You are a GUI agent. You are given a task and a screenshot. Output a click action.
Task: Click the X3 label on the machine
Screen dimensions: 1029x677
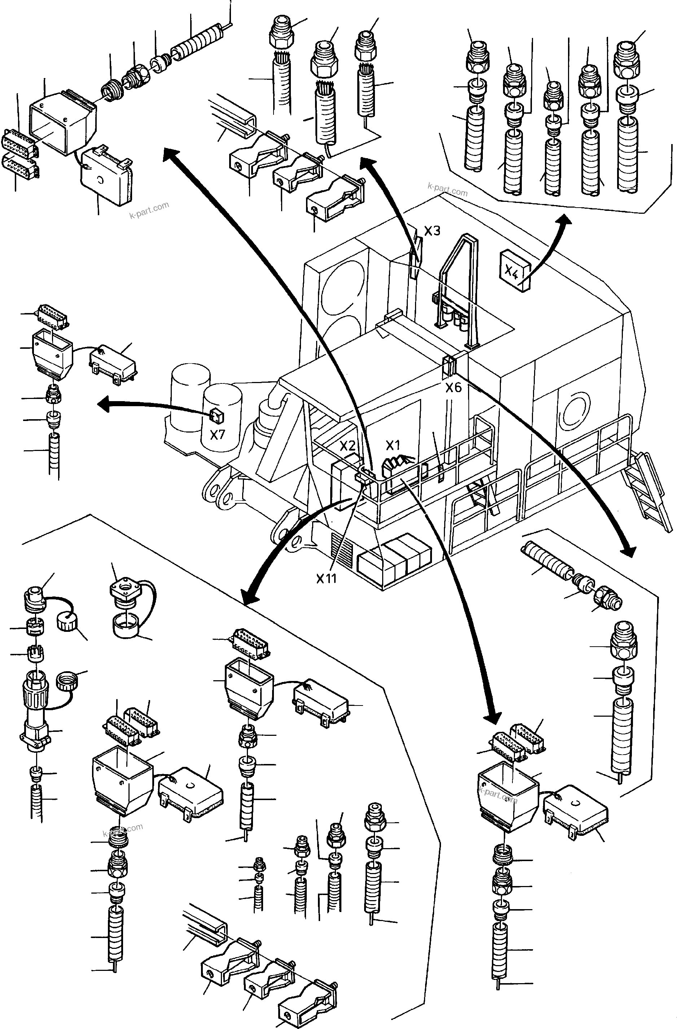(432, 231)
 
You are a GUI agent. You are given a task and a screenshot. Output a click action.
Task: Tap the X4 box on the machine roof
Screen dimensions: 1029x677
(515, 271)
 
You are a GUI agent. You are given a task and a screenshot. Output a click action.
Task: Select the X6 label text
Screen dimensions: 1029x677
(454, 387)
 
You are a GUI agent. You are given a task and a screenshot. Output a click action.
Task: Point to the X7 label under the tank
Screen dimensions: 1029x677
(218, 434)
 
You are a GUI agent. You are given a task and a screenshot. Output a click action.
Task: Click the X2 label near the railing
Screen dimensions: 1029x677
(348, 446)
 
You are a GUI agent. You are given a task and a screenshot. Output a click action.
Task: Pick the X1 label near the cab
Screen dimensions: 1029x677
(393, 445)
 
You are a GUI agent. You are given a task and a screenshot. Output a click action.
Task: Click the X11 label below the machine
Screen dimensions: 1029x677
(326, 578)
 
